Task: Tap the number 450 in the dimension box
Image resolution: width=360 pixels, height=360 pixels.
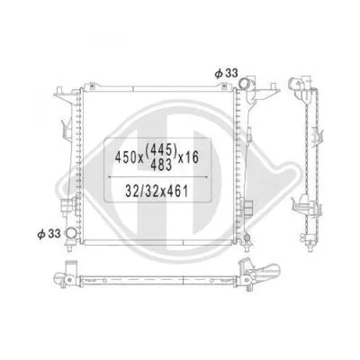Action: click(125, 156)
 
